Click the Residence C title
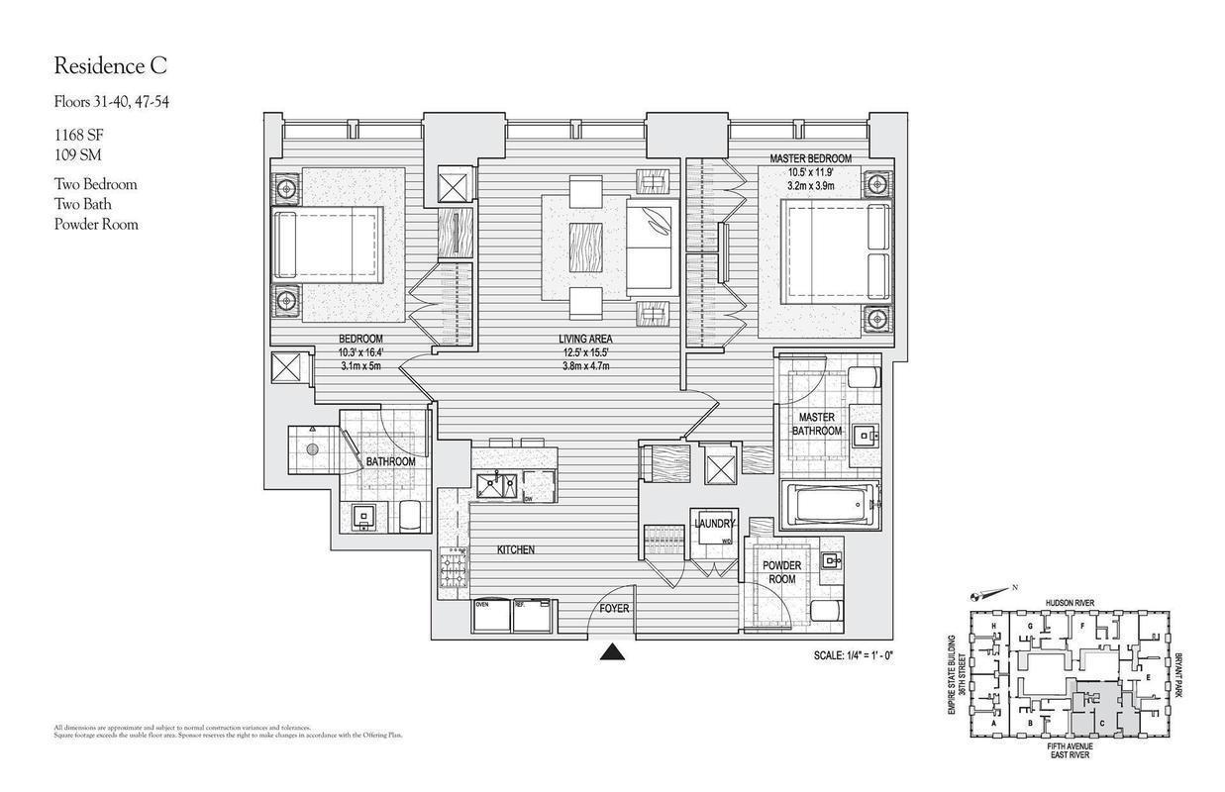[x=110, y=66]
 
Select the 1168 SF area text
[x=80, y=136]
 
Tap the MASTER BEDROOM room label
[x=810, y=158]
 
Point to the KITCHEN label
[x=515, y=549]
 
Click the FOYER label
[x=614, y=609]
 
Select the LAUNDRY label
[x=714, y=524]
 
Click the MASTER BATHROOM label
[x=819, y=424]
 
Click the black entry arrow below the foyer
[x=614, y=651]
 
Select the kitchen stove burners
[x=455, y=570]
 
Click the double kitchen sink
[x=495, y=486]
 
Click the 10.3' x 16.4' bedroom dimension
[x=360, y=352]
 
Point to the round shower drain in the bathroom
[x=312, y=449]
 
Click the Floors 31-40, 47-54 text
[x=111, y=101]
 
